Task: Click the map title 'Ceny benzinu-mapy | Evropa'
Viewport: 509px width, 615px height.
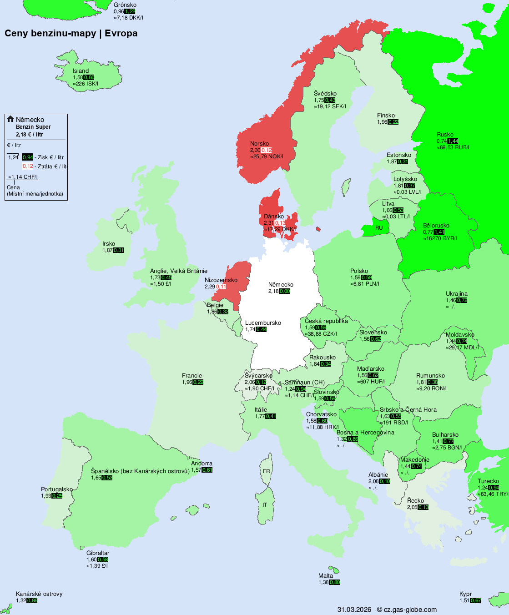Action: [x=71, y=33]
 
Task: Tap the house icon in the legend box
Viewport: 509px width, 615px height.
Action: [x=10, y=119]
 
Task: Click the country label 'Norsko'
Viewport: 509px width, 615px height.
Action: [x=259, y=143]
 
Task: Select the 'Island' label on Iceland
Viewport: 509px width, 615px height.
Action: [x=81, y=71]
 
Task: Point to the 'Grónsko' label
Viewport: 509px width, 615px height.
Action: [x=125, y=5]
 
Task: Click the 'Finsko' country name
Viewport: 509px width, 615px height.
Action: [x=386, y=115]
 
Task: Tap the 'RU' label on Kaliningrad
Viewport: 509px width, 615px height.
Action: [x=379, y=228]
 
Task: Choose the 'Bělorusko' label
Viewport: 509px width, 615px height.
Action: [x=436, y=225]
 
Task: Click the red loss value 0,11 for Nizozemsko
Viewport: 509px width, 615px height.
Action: [x=221, y=287]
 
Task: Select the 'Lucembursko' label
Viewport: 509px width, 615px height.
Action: [x=263, y=323]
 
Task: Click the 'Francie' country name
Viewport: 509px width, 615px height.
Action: [x=192, y=375]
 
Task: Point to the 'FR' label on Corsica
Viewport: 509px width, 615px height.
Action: [x=266, y=471]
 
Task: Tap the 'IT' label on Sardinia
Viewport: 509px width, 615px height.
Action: [x=265, y=505]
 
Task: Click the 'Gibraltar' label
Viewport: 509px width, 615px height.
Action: [x=98, y=553]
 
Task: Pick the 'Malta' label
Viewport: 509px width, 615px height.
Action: [x=326, y=575]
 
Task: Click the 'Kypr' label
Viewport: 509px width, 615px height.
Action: [x=465, y=594]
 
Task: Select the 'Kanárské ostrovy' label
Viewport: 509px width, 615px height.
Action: [x=39, y=594]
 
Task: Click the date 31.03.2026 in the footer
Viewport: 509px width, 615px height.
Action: [x=354, y=610]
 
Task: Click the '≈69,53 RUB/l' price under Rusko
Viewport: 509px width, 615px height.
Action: [x=453, y=147]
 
